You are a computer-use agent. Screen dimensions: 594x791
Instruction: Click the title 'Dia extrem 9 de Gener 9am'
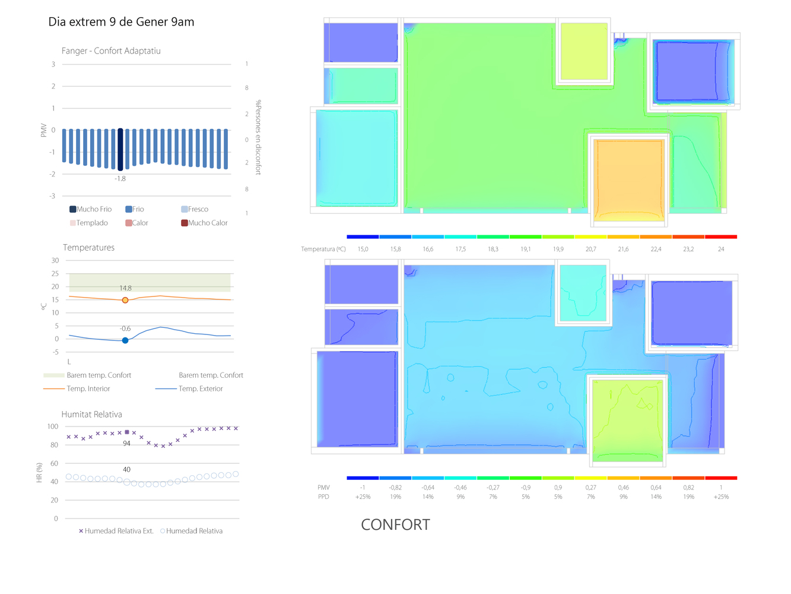tap(121, 22)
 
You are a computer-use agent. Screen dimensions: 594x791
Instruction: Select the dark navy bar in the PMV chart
tap(120, 149)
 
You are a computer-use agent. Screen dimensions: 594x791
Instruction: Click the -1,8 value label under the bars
tap(120, 179)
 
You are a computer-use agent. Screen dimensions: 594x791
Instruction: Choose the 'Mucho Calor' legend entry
tap(204, 223)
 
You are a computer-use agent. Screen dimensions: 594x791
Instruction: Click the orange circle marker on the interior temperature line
tap(125, 300)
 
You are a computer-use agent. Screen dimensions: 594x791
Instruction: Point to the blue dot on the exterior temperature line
tap(125, 340)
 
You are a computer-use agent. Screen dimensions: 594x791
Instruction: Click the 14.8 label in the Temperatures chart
tap(125, 288)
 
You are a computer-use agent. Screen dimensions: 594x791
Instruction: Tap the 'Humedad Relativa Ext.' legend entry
tap(116, 531)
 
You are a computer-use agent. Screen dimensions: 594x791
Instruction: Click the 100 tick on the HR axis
tap(53, 426)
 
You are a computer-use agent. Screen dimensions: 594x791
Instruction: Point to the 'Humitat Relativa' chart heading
tap(91, 414)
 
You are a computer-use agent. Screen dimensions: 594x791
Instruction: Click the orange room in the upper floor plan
tap(628, 178)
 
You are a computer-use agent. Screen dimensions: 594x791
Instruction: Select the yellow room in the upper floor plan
tap(584, 51)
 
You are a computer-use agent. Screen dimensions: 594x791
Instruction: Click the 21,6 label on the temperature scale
tap(623, 249)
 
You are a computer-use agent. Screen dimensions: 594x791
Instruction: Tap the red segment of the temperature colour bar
tap(721, 237)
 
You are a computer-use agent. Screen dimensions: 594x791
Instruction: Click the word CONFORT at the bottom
tap(395, 525)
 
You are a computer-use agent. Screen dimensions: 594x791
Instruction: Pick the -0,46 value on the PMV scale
tap(460, 488)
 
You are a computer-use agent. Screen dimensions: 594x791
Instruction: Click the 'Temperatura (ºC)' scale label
tap(323, 249)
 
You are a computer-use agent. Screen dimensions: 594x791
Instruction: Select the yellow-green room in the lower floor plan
tap(627, 419)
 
